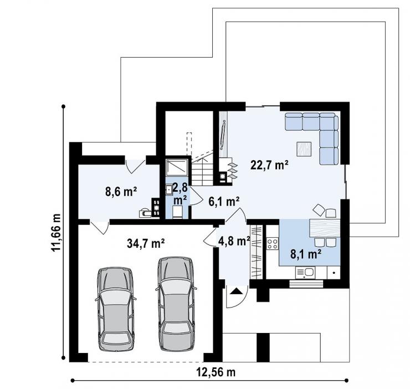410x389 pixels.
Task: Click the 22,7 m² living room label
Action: (269, 165)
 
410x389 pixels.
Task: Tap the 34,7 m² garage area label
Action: (146, 243)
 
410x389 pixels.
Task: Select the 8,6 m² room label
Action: (121, 192)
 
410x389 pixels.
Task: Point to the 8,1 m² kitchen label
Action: (306, 254)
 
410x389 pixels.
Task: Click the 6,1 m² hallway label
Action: (224, 202)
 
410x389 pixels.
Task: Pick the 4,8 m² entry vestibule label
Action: (234, 242)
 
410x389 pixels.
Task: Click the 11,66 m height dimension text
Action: (56, 233)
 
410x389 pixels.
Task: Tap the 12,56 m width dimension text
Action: (216, 372)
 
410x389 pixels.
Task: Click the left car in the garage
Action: (115, 309)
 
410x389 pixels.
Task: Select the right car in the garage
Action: (176, 304)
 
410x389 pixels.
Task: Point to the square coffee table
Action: (304, 149)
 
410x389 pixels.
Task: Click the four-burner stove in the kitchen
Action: (272, 244)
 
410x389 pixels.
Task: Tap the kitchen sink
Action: (305, 273)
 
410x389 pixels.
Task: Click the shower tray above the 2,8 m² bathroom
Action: (177, 167)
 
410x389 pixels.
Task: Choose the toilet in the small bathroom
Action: (178, 212)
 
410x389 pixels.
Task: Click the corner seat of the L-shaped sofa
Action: (329, 122)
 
